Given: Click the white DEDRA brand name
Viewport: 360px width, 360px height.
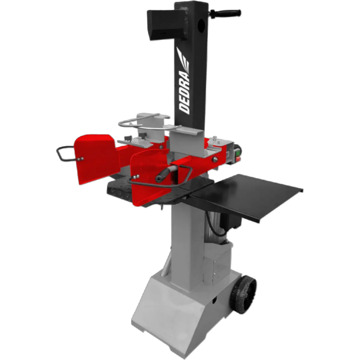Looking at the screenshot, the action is (x=184, y=92).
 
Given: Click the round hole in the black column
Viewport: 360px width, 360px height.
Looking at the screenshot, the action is (x=202, y=24).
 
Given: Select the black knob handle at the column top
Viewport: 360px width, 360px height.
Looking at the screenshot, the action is (x=225, y=13).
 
